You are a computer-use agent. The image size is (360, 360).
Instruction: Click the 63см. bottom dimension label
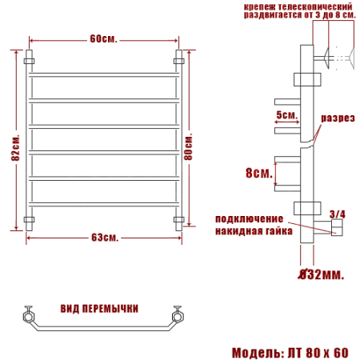click(105, 238)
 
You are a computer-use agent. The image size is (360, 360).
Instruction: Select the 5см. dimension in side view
click(286, 115)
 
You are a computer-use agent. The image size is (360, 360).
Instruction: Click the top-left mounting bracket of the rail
click(30, 60)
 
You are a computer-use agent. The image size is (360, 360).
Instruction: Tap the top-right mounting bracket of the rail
click(179, 60)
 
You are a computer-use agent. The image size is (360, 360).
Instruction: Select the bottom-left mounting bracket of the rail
click(30, 219)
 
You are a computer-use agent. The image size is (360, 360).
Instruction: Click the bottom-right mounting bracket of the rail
click(179, 219)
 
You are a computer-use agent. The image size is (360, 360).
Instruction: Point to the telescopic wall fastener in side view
click(332, 58)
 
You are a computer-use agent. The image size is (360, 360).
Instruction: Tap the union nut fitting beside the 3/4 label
click(336, 230)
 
